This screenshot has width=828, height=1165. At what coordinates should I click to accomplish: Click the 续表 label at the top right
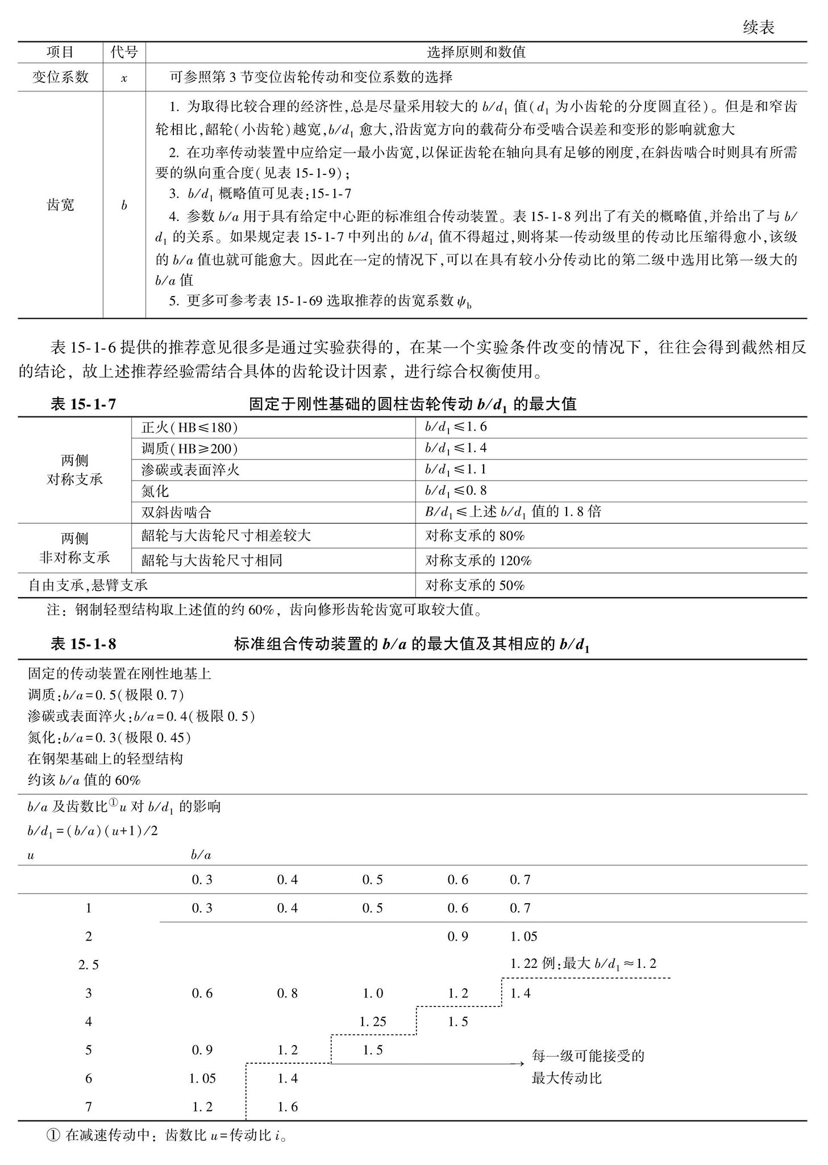coord(758,28)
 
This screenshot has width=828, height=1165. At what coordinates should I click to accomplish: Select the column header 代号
coord(124,52)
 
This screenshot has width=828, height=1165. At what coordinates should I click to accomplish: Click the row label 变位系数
coord(60,77)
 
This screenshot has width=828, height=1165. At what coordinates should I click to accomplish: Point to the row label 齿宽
coord(60,205)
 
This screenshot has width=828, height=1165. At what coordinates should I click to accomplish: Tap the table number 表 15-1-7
coord(83,404)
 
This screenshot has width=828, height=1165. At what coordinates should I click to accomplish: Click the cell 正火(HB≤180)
coord(189,428)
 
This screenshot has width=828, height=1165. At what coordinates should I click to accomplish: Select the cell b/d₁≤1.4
coord(455,449)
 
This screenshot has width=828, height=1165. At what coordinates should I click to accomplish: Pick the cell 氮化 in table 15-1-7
coord(155,491)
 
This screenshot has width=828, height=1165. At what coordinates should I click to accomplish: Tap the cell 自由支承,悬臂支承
coord(88,585)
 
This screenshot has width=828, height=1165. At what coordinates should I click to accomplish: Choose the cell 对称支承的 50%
coord(475,585)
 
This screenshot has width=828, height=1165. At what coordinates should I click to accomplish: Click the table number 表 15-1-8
coord(83,644)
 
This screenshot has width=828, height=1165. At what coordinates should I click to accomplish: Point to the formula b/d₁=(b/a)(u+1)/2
coord(93,831)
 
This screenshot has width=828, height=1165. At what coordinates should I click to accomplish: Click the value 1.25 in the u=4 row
coord(372,1022)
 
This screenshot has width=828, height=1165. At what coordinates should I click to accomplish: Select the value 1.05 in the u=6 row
coord(202,1078)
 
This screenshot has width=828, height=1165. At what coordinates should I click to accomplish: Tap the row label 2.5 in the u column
coord(88,964)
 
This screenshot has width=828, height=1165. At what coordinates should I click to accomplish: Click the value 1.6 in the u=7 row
coord(287,1106)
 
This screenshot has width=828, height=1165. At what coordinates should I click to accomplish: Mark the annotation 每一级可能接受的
coord(588,1056)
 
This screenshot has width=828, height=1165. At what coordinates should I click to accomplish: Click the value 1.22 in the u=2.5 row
coord(523,964)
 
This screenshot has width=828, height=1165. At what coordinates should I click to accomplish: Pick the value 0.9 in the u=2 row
coord(457,936)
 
